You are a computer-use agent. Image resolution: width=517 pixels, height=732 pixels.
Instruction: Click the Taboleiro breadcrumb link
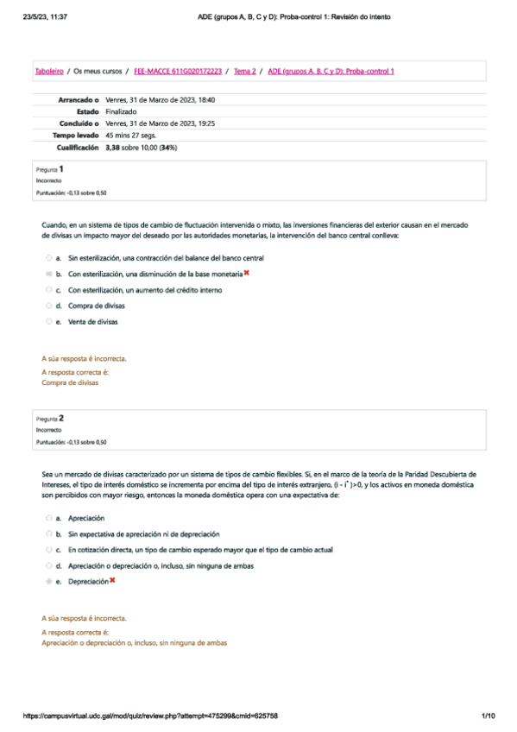coord(48,71)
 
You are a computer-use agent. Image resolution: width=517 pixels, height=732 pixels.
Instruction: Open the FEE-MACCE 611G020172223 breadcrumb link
coord(177,71)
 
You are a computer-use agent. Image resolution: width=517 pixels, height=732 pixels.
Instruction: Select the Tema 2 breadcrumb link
coord(244,71)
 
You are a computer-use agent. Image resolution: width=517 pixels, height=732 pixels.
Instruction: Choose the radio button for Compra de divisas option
coord(48,306)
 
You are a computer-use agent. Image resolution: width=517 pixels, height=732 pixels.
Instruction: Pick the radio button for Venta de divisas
coord(48,321)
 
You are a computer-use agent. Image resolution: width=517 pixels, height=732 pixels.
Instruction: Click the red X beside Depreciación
coord(112,581)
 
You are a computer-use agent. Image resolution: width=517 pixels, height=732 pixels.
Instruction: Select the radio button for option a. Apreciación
coord(48,518)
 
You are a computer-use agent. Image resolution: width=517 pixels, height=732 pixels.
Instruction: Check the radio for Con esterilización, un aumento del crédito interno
coord(48,290)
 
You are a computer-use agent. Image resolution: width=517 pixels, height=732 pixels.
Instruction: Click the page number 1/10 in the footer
coord(488,716)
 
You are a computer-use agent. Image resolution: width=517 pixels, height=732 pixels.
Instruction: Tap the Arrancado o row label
coord(79,100)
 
